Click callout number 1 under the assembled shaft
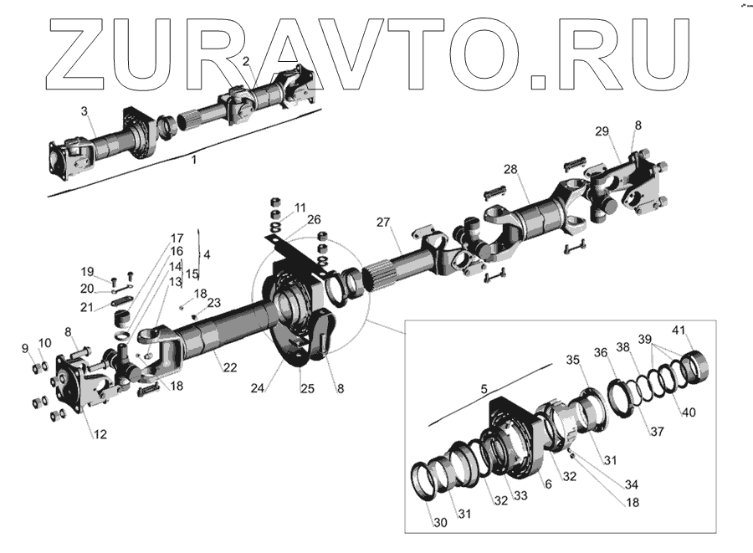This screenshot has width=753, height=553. pyautogui.click(x=194, y=160)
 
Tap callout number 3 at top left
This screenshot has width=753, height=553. pyautogui.click(x=84, y=111)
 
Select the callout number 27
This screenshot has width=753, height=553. pyautogui.click(x=382, y=223)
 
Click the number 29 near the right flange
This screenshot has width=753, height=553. pyautogui.click(x=602, y=131)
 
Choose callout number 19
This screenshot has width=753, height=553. pyautogui.click(x=87, y=271)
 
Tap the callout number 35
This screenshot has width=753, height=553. pyautogui.click(x=571, y=360)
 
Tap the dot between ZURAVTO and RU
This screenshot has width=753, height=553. pyautogui.click(x=540, y=81)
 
